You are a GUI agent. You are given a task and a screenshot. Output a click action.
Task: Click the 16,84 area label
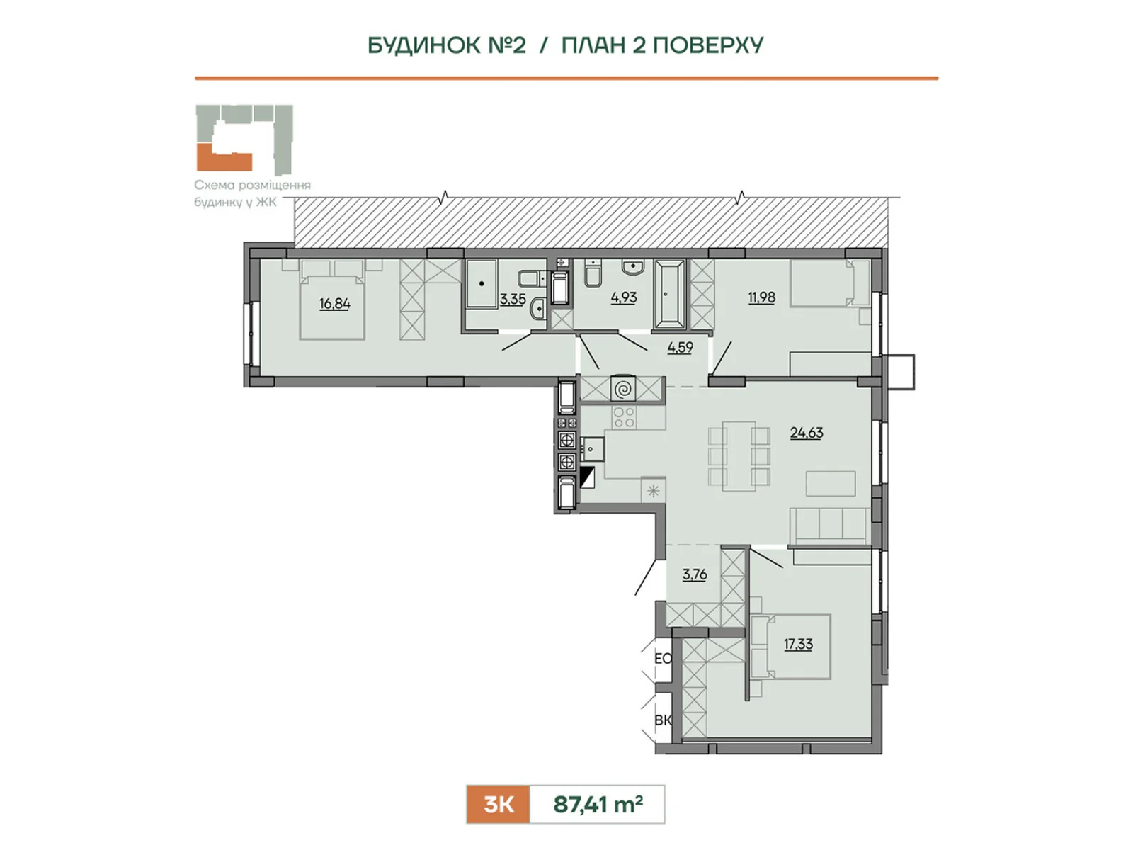pos(334,303)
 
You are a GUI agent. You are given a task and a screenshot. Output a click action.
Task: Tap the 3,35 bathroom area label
pos(513,300)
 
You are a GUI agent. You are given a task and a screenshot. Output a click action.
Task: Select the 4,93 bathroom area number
pos(624,297)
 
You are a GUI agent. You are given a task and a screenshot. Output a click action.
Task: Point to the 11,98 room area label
pos(762,297)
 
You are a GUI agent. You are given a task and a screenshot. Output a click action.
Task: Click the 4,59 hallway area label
pos(681,347)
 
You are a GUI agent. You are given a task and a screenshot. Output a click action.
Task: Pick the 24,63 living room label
pos(807,433)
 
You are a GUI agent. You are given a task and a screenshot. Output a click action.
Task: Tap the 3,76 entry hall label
pos(694,574)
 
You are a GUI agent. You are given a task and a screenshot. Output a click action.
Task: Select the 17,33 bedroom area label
pos(799,644)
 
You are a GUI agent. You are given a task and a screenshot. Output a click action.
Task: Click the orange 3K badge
pos(498,805)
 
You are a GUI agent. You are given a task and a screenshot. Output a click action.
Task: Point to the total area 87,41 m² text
pos(598,805)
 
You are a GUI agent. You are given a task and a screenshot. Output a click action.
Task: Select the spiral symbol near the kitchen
pos(623,389)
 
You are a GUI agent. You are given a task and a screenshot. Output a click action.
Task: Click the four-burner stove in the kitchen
pos(624,417)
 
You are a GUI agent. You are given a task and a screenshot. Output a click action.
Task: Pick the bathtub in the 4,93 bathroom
pos(669,294)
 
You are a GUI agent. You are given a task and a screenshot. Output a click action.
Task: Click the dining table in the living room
pos(739,456)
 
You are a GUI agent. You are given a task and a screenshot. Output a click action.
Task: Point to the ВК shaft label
pos(663,720)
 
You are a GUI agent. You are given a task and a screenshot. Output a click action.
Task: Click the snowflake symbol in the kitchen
pos(654,490)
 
